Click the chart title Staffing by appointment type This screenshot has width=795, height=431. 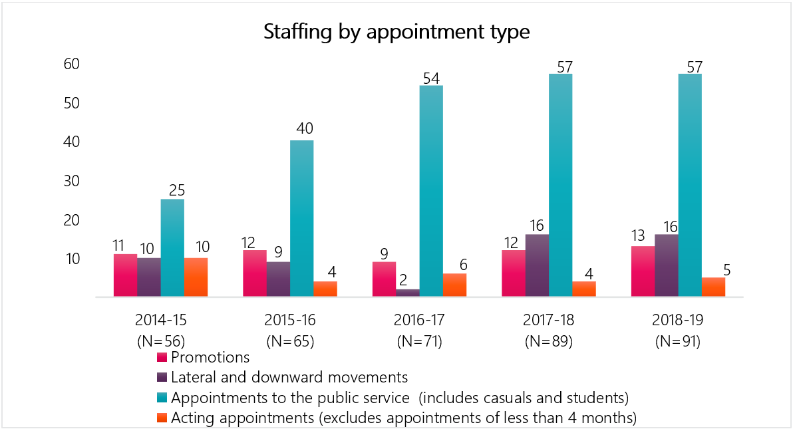pyautogui.click(x=397, y=32)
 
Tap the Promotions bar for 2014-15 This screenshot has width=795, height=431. pyautogui.click(x=125, y=275)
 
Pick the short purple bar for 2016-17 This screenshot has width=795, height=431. pyautogui.click(x=407, y=293)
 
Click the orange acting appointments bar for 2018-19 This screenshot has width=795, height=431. pyautogui.click(x=713, y=287)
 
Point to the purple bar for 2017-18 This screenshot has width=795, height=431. pyautogui.click(x=537, y=265)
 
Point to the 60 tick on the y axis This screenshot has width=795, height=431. pyautogui.click(x=72, y=65)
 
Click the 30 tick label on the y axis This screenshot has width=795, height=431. pyautogui.click(x=72, y=181)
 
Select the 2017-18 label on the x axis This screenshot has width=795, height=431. pyautogui.click(x=549, y=320)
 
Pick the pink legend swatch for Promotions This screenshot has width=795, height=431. pyautogui.click(x=162, y=358)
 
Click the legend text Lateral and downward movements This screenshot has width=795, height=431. pyautogui.click(x=289, y=378)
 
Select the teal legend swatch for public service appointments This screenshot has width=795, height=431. pyautogui.click(x=162, y=398)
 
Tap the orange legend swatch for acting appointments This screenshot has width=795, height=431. pyautogui.click(x=162, y=418)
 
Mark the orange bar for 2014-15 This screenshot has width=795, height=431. pyautogui.click(x=196, y=277)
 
